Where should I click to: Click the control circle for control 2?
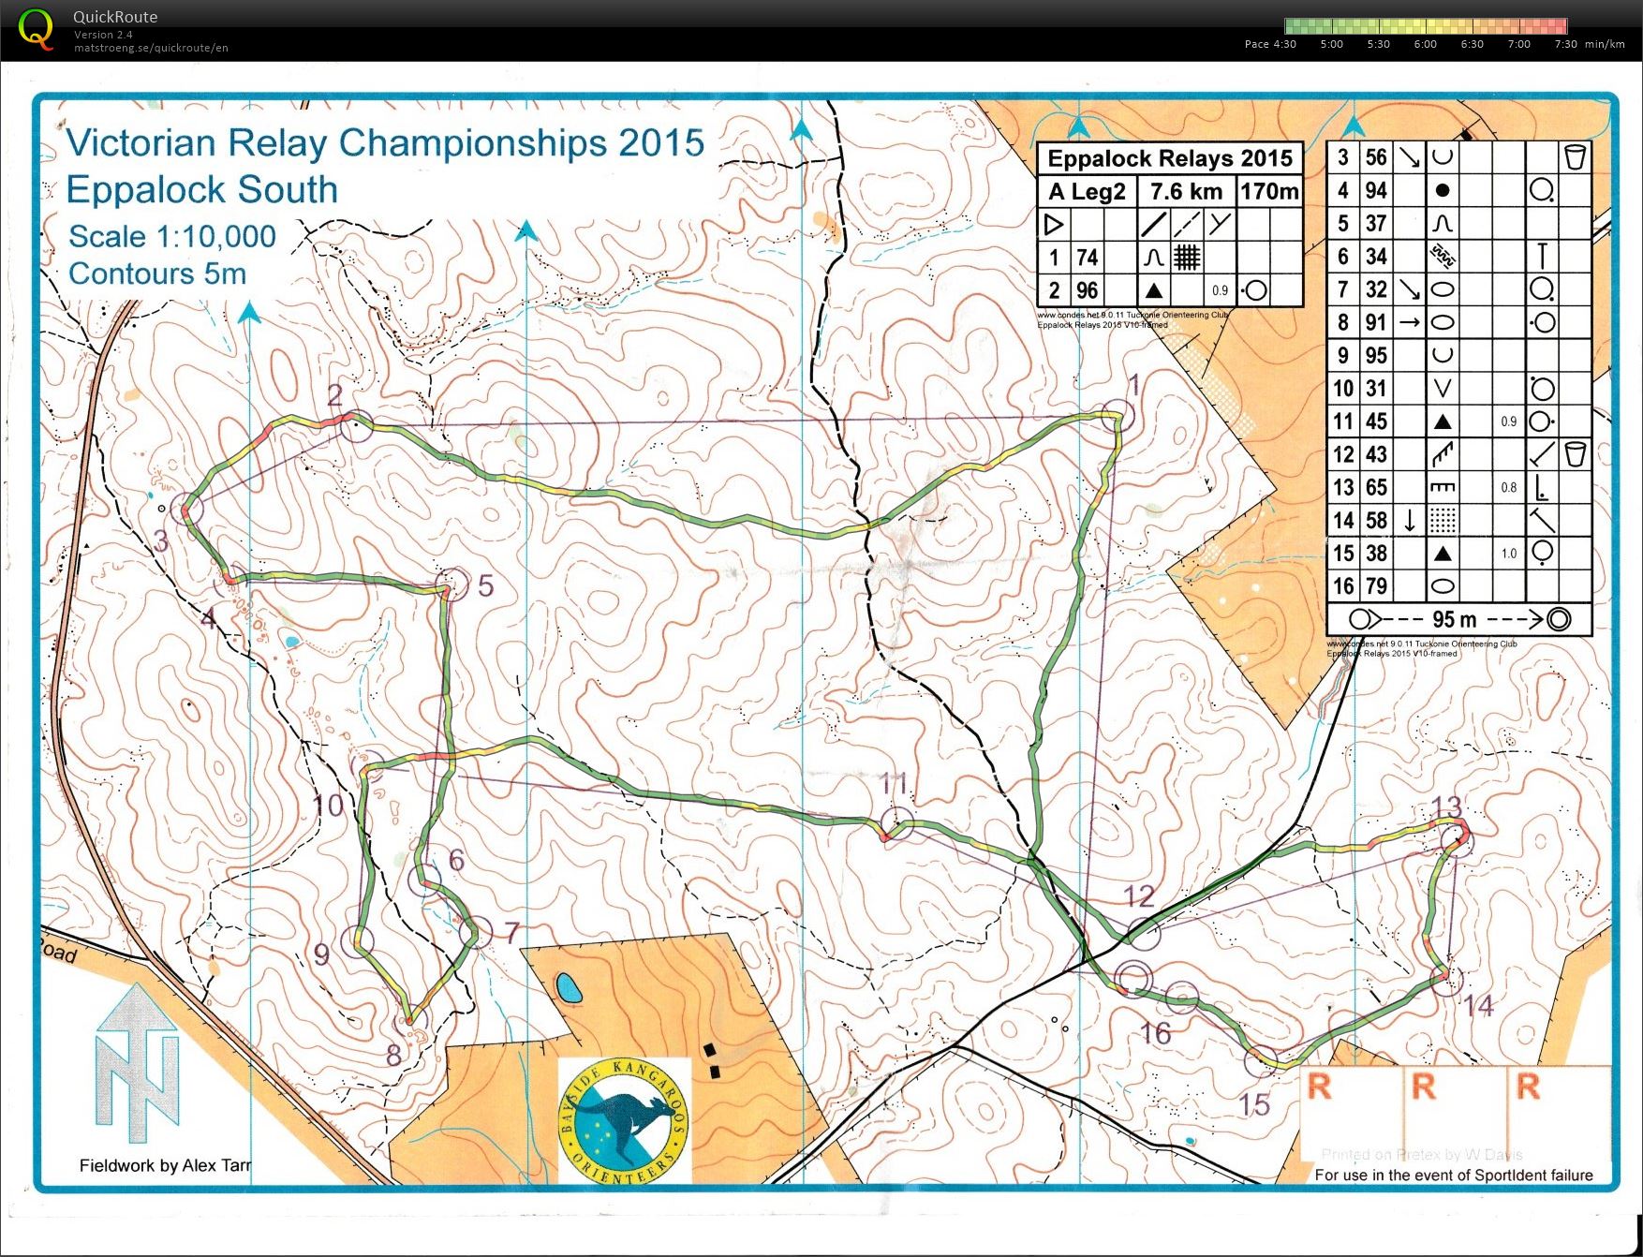click(356, 426)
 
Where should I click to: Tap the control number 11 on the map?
click(894, 784)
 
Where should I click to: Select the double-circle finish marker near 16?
click(1133, 978)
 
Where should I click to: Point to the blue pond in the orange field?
click(566, 987)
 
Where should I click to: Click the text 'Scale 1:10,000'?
click(172, 236)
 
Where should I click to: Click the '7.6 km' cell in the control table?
click(1185, 191)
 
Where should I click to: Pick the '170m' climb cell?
click(1269, 191)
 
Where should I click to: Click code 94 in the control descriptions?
click(1375, 190)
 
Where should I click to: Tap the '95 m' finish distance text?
click(1454, 619)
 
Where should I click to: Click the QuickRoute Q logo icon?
click(36, 28)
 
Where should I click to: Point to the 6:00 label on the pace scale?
click(1425, 44)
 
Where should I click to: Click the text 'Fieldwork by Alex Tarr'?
click(165, 1165)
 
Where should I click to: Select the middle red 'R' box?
click(1424, 1087)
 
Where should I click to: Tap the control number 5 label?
click(485, 585)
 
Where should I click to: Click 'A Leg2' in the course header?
click(1087, 191)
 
